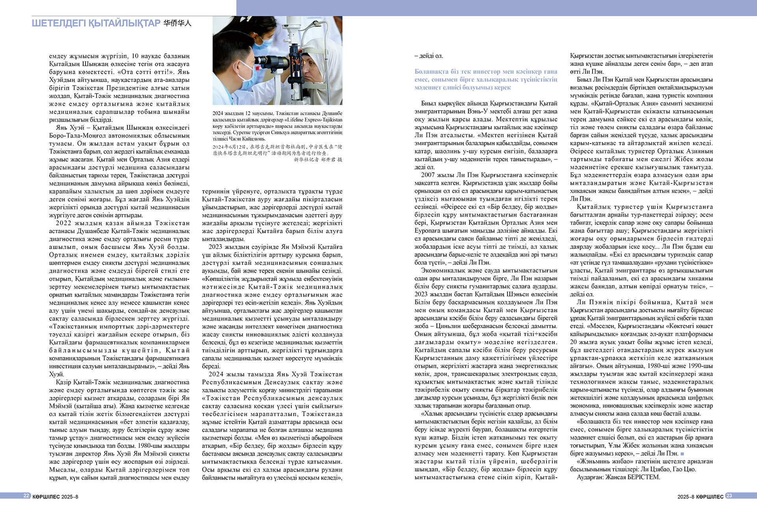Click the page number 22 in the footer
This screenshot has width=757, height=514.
(26, 496)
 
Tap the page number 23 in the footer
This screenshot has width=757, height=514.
(729, 496)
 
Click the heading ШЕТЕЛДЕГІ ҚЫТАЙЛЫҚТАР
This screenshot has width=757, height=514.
(96, 23)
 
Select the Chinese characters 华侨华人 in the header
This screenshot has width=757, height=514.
(177, 23)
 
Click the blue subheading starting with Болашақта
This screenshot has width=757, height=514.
(486, 79)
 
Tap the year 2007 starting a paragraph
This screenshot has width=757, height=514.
(428, 175)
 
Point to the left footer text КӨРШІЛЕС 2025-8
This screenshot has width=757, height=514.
(55, 497)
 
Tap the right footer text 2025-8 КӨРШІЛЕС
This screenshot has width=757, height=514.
(700, 497)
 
